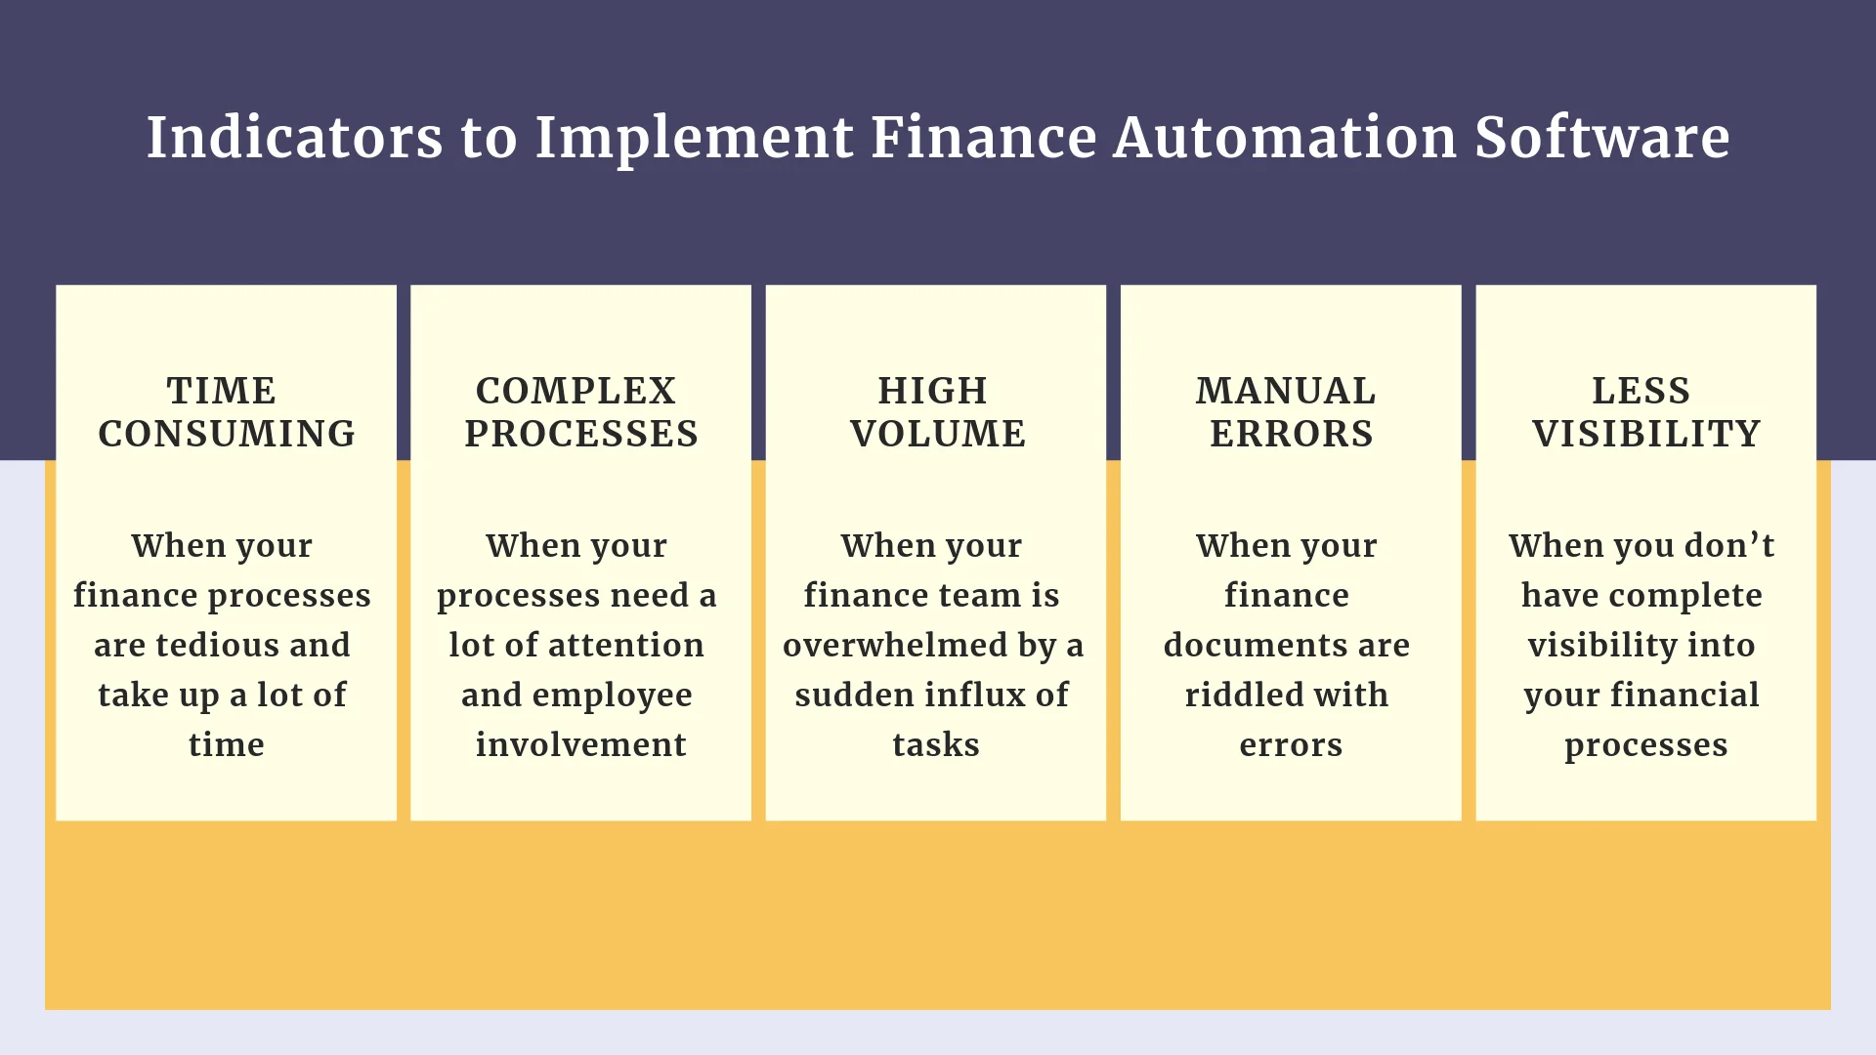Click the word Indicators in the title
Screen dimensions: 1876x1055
tap(294, 137)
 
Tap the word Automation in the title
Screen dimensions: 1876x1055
tap(1285, 137)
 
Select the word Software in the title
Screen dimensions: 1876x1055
tap(1602, 137)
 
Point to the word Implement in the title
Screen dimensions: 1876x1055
tap(695, 139)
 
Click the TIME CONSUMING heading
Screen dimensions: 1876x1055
tap(227, 411)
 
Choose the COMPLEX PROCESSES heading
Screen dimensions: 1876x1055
tap(581, 411)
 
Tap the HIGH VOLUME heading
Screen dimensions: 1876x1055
tap(937, 411)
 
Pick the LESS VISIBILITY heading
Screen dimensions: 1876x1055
tap(1646, 411)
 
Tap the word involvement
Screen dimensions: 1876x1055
tap(581, 744)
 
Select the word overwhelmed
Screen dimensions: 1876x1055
tap(895, 645)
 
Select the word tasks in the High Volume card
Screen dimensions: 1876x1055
tap(936, 744)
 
